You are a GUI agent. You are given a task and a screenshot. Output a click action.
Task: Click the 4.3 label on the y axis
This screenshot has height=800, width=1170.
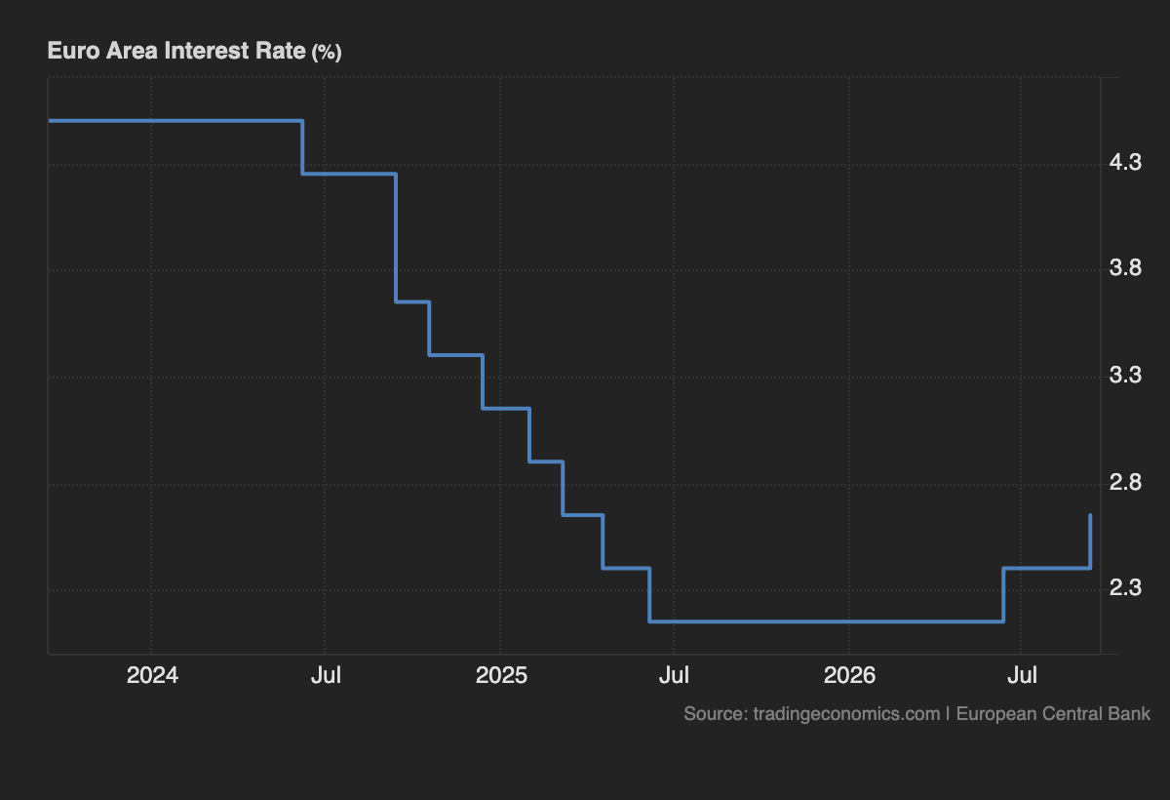[x=1125, y=162]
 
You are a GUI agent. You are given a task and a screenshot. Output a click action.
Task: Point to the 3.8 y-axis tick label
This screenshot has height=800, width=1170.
[x=1125, y=267]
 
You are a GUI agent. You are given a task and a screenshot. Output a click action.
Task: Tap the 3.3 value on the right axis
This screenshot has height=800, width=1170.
[x=1125, y=375]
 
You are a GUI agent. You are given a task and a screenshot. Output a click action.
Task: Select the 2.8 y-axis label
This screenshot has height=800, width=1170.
[x=1125, y=482]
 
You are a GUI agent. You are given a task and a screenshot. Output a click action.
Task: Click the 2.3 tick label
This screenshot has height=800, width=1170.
[x=1125, y=587]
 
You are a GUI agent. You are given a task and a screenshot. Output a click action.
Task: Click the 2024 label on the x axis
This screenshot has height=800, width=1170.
[x=152, y=675]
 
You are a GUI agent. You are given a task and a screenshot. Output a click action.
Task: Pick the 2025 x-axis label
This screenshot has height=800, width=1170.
[x=501, y=675]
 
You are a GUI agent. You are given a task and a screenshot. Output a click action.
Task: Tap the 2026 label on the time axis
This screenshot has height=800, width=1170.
[x=850, y=675]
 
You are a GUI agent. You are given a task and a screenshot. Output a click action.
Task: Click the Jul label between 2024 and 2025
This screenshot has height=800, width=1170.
[x=326, y=675]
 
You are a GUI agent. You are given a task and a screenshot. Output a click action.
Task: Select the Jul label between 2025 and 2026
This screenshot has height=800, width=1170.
[x=674, y=675]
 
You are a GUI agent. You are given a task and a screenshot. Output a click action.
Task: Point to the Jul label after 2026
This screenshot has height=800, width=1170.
[x=1022, y=675]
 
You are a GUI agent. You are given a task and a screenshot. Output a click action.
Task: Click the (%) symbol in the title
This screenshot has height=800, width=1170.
[x=327, y=53]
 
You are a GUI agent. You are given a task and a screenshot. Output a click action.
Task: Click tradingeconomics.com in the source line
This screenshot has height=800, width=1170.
[x=846, y=714]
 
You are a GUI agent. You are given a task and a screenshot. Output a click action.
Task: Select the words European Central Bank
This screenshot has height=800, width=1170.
[x=1053, y=714]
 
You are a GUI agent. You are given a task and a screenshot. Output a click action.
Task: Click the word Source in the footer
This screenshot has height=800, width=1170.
[x=716, y=714]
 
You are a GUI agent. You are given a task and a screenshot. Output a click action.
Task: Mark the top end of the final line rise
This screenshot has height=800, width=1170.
[x=1091, y=515]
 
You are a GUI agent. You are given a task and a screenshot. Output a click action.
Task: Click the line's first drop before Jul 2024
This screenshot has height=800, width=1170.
[x=302, y=147]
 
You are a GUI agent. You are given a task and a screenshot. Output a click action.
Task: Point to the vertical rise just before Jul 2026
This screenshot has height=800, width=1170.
[x=1003, y=595]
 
